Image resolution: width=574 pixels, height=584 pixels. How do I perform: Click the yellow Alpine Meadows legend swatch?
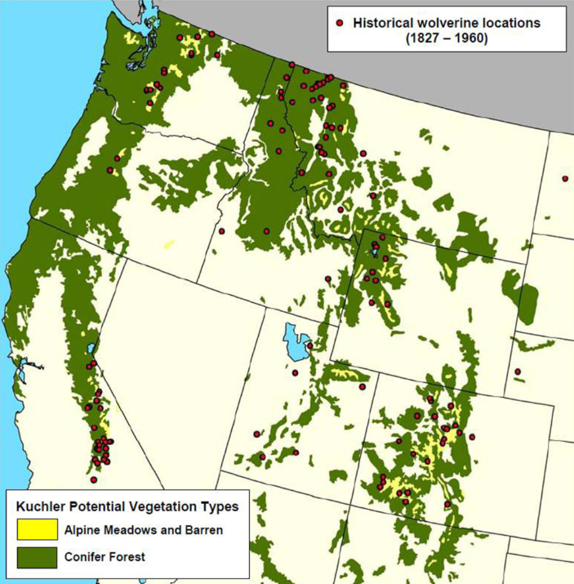click(x=37, y=529)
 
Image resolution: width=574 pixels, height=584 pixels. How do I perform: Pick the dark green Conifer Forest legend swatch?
click(x=37, y=557)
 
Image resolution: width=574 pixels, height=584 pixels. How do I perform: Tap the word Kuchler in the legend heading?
click(x=38, y=506)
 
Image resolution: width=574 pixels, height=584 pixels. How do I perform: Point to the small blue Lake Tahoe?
click(x=90, y=353)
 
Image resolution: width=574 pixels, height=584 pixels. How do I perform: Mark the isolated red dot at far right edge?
click(x=565, y=178)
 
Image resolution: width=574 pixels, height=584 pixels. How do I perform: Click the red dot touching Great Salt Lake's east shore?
click(x=309, y=345)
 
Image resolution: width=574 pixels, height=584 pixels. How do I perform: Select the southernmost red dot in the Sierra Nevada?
click(x=94, y=479)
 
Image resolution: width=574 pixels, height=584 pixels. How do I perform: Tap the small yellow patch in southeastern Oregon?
click(x=168, y=243)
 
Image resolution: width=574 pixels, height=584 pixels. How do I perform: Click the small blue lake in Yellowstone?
click(x=374, y=250)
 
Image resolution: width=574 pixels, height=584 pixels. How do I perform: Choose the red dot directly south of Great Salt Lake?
click(x=296, y=372)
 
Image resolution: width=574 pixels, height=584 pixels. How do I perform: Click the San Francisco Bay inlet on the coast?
click(x=22, y=376)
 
